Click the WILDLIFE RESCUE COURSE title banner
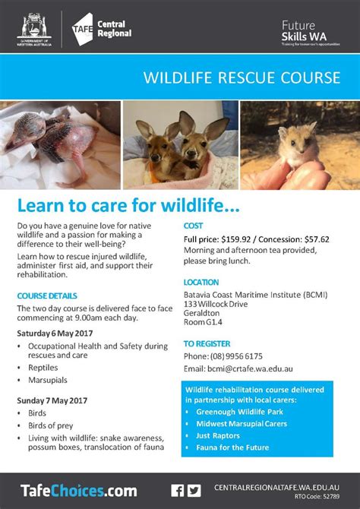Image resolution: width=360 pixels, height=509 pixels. (241, 78)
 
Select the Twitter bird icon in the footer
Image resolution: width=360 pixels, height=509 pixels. (194, 490)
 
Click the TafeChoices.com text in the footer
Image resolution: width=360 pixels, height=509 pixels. (68, 490)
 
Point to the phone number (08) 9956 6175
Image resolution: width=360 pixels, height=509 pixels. (234, 356)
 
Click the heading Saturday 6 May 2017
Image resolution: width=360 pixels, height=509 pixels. (55, 333)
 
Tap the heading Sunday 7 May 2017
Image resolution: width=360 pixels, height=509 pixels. (52, 400)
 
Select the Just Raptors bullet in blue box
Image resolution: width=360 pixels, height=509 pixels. (218, 435)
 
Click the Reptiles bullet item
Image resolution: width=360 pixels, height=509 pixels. (43, 366)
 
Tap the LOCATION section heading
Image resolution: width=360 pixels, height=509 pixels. (201, 282)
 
